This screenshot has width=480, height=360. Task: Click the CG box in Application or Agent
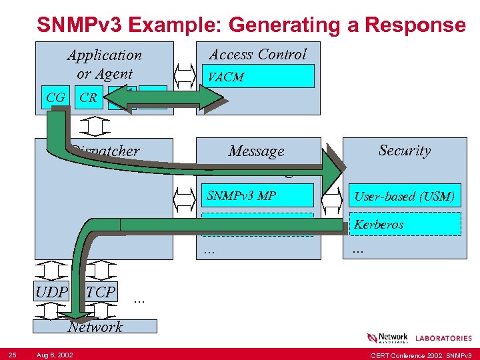coord(55,97)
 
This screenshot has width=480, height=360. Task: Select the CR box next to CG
coord(88,97)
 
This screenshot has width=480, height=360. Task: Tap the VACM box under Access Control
coord(259,77)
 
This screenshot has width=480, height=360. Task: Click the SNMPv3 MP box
coord(257,195)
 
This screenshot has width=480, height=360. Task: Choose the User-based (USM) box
coord(405,196)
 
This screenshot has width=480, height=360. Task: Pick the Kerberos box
coord(405,224)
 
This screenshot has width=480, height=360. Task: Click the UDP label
coord(52,292)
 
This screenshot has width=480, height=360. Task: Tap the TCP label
coord(101,292)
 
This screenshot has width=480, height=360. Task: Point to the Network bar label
coord(95,326)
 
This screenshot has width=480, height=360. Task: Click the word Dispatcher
coord(106,151)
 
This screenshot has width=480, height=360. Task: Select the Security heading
coord(405,150)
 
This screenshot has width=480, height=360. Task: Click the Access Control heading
coord(258,54)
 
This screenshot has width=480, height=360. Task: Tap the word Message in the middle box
coord(256,151)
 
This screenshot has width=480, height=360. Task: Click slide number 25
coord(12,353)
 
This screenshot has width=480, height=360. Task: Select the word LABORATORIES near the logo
coord(443,339)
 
